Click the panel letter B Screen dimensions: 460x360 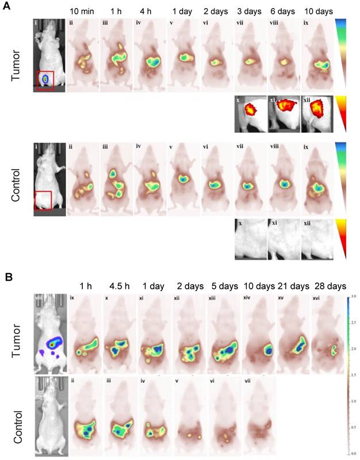[x=8, y=276]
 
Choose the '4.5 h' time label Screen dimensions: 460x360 [x=119, y=286]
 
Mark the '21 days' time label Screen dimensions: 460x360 [x=292, y=286]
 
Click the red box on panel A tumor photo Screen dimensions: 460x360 [x=45, y=80]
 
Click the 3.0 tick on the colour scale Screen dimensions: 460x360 [x=353, y=297]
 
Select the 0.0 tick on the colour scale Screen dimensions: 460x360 [x=353, y=452]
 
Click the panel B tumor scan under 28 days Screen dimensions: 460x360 [x=328, y=333]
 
